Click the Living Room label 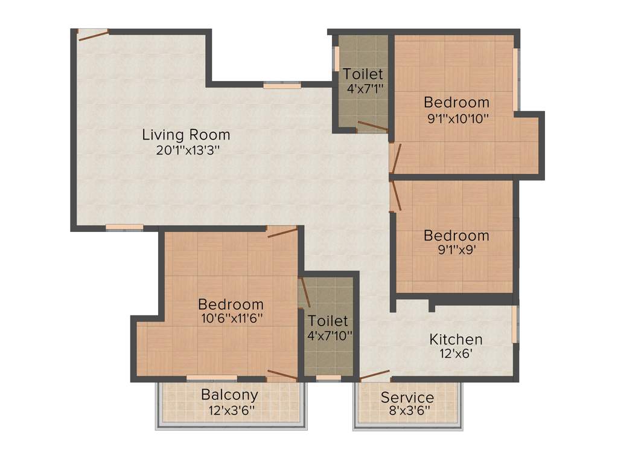[x=186, y=134]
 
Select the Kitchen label [x=456, y=339]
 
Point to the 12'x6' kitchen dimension [x=456, y=353]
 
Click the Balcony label [x=229, y=395]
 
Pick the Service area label [x=407, y=398]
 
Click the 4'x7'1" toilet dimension [x=363, y=88]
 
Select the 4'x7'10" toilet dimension [x=329, y=334]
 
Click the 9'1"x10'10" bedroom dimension [x=457, y=118]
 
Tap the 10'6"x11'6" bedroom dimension [x=231, y=318]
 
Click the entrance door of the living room [x=93, y=34]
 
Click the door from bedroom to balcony [x=282, y=375]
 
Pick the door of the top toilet [x=372, y=126]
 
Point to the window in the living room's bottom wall [x=124, y=227]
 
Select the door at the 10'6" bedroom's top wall [x=282, y=231]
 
